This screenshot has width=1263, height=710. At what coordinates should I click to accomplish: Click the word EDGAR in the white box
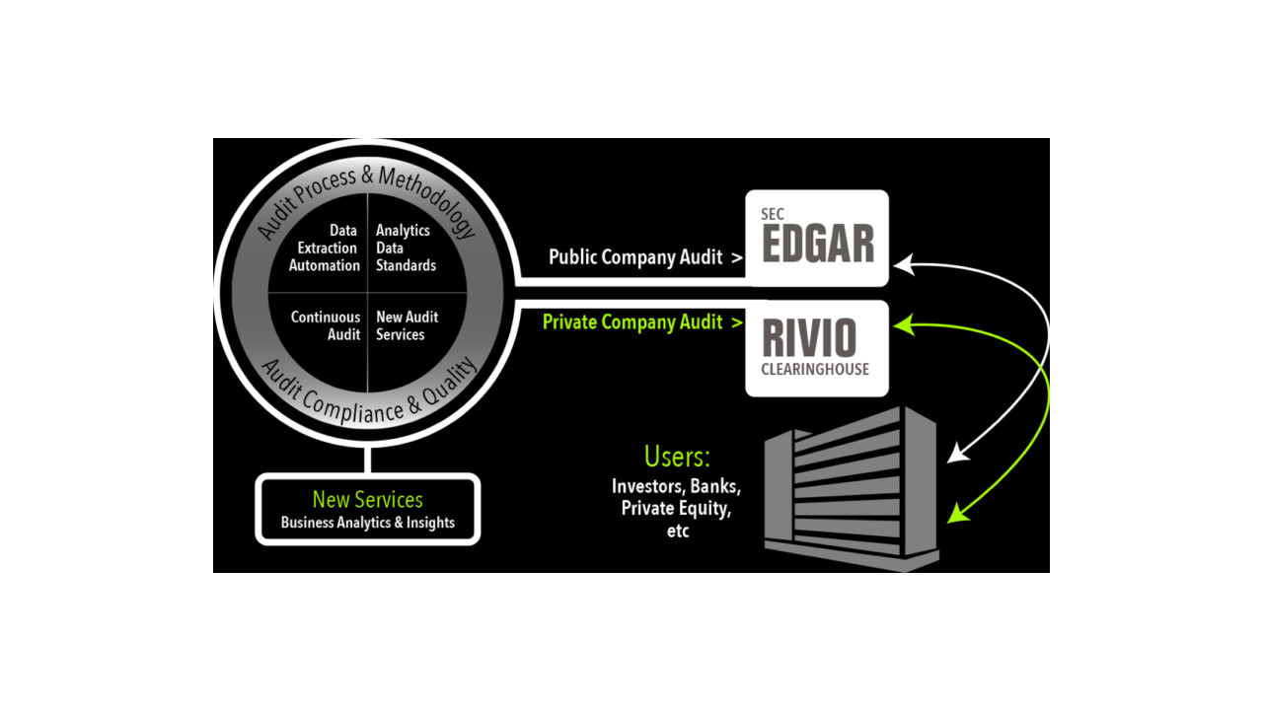(x=818, y=245)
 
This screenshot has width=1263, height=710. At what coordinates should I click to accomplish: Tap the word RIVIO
(x=809, y=339)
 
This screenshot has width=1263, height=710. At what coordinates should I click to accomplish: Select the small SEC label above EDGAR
(x=772, y=214)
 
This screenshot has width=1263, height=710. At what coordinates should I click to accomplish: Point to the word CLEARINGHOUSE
(x=815, y=370)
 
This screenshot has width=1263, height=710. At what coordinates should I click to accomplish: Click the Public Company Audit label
(x=637, y=257)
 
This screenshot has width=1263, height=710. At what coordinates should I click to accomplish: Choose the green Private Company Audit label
(x=632, y=322)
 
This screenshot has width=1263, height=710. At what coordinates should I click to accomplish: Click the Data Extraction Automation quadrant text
(x=325, y=248)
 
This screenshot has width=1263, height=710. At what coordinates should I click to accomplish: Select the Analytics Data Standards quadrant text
(x=405, y=248)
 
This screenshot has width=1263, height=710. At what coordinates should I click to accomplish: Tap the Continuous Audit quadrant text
(x=326, y=326)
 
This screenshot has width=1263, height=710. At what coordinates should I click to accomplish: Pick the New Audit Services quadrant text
(x=407, y=326)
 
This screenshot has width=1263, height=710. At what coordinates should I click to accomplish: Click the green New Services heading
(x=367, y=499)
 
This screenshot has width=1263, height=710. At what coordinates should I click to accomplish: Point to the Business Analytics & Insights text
(x=367, y=523)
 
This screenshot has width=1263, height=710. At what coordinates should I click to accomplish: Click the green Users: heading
(x=677, y=458)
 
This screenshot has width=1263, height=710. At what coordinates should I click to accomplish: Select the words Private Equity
(x=677, y=509)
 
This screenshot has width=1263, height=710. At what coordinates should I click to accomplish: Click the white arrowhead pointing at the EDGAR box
(x=904, y=264)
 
